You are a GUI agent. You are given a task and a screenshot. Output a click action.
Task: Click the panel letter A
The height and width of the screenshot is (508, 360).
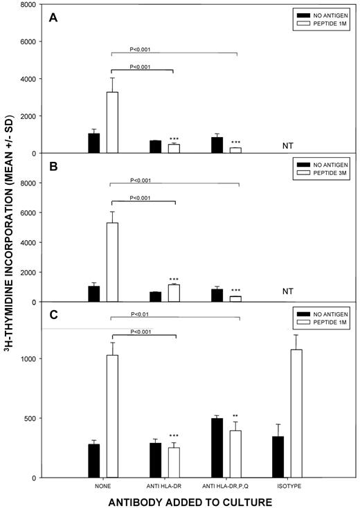click(53, 18)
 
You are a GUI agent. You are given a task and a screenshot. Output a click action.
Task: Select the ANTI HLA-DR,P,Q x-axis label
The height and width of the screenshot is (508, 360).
click(226, 486)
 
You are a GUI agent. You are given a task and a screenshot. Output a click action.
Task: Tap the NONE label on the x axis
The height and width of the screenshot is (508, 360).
click(102, 486)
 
